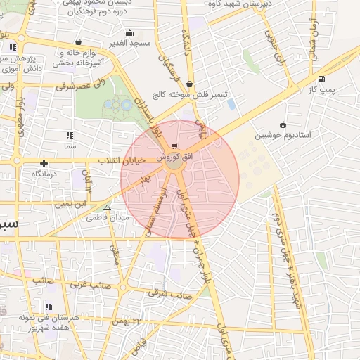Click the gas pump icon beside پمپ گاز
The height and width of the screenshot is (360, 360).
(x=321, y=79)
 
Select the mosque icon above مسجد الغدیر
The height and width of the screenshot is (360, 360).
(x=129, y=32)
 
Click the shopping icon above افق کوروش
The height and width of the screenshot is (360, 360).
(x=174, y=146)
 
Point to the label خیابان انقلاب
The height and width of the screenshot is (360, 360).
(x=124, y=160)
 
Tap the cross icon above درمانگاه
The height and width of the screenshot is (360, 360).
(x=44, y=163)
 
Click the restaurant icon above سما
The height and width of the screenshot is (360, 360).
(x=70, y=134)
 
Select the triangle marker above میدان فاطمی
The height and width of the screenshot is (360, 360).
(x=107, y=208)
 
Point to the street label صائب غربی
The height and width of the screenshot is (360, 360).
(x=89, y=285)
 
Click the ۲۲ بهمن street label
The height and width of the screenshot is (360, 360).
(x=127, y=321)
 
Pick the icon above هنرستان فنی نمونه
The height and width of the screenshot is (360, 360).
(x=49, y=307)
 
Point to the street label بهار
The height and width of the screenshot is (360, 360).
(x=146, y=181)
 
